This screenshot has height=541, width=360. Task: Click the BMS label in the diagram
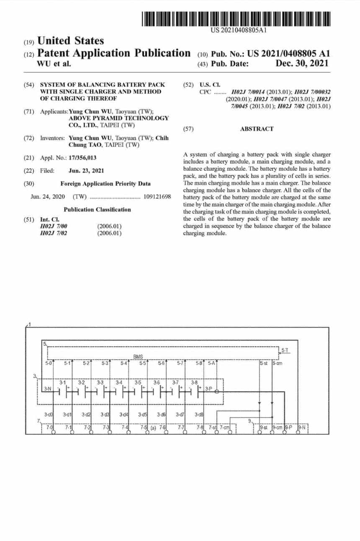[x=138, y=356]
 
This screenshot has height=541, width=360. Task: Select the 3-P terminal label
[x=209, y=389]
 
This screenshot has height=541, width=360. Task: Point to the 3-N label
[x=48, y=389]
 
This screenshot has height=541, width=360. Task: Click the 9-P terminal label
[x=288, y=428]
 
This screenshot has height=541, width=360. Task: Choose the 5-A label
[x=211, y=363]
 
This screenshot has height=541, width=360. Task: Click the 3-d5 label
[x=142, y=415]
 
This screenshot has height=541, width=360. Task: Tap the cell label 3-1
[x=63, y=382]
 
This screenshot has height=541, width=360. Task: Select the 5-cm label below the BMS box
[x=277, y=363]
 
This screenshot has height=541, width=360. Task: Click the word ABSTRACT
[x=257, y=129]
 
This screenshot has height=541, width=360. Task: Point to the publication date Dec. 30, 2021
[x=302, y=64]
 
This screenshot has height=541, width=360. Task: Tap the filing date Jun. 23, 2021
[x=86, y=171]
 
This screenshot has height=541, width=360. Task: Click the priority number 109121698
[x=157, y=196]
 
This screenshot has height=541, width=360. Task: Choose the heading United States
[x=70, y=41]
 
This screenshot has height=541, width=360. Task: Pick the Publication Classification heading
[x=97, y=209]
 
